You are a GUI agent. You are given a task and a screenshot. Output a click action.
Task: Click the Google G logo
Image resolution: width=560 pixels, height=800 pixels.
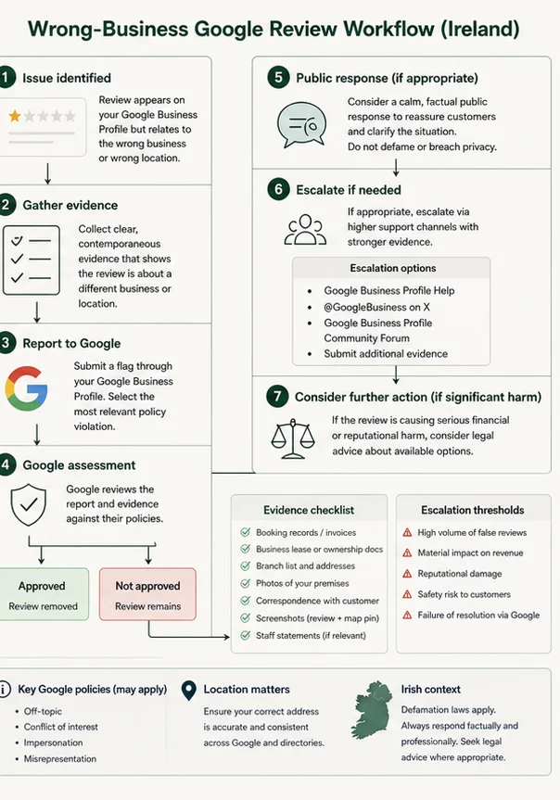click(x=27, y=388)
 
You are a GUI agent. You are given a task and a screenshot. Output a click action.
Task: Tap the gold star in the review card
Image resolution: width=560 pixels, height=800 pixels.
click(x=15, y=116)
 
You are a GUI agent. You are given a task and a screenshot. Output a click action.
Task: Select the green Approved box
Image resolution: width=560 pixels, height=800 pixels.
click(x=43, y=594)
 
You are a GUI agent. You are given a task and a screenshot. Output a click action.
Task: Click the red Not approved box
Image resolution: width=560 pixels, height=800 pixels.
click(x=147, y=594)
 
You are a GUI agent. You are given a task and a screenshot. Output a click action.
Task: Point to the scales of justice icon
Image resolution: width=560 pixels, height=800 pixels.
click(x=292, y=438)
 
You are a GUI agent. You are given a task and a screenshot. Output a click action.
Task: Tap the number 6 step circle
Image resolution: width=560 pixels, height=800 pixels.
click(x=278, y=190)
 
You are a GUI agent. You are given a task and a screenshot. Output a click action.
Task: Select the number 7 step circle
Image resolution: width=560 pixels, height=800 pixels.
click(x=277, y=397)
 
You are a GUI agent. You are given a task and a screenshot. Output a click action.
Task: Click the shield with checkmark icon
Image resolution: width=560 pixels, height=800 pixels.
click(x=29, y=504)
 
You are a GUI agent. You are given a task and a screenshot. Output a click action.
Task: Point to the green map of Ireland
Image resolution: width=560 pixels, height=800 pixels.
click(x=372, y=709)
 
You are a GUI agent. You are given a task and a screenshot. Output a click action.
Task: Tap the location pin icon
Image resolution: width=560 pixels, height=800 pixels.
click(x=189, y=691)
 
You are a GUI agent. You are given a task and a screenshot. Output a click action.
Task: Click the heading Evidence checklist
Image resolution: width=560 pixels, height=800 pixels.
click(x=309, y=510)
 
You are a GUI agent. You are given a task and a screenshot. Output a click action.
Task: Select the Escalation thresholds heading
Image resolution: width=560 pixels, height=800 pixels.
click(x=473, y=510)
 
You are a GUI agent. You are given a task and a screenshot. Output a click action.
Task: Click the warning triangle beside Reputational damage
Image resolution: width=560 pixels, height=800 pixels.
click(x=407, y=574)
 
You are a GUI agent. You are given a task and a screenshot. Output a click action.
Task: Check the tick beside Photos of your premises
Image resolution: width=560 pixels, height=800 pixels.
click(x=246, y=583)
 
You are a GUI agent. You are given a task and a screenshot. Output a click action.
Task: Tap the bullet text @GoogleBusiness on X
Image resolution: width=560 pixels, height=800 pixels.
click(x=376, y=307)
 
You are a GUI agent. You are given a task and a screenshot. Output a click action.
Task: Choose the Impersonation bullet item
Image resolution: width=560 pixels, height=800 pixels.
click(x=53, y=743)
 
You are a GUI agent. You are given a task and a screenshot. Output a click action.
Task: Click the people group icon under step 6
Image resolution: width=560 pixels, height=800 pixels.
click(x=305, y=230)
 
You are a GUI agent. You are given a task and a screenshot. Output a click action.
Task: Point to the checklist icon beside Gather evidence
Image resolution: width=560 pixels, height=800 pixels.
click(x=32, y=260)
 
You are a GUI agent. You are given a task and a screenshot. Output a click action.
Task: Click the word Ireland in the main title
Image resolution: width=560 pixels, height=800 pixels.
click(x=480, y=29)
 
